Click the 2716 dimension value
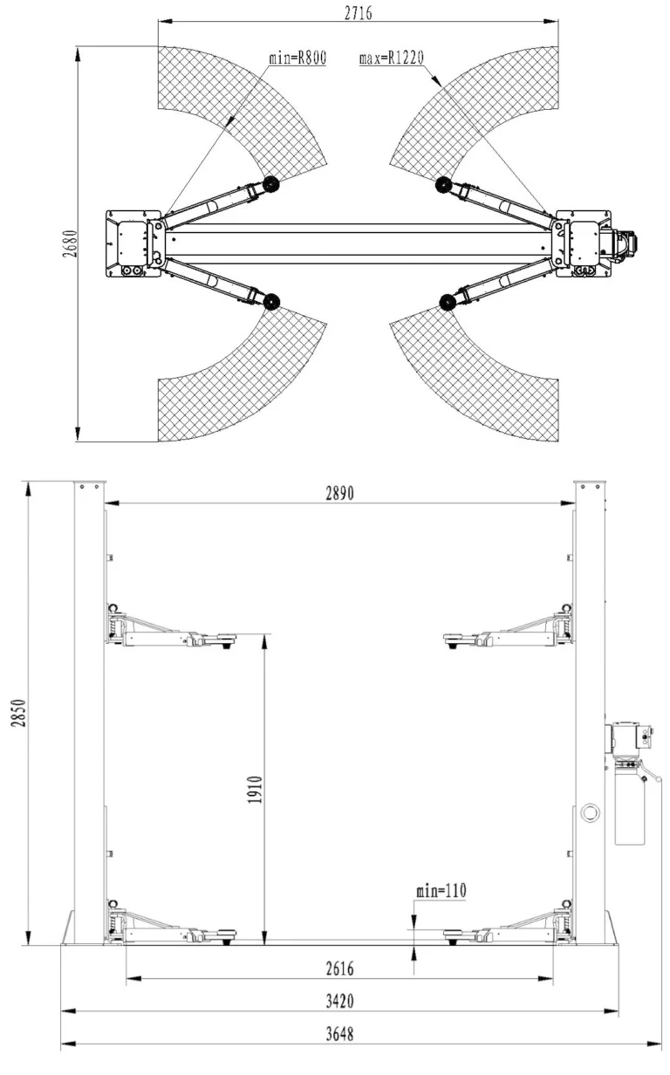pos(358,13)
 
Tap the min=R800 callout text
pos(297,58)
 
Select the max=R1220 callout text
pos(392,58)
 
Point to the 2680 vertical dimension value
pos(70,243)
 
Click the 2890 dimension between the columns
pos(340,493)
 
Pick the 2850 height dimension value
pos(18,713)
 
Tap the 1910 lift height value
pos(255,790)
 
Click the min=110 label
pos(441,891)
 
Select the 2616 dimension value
pos(340,969)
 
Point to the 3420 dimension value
pos(340,1002)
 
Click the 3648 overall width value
pos(340,1034)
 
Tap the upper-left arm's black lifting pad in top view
pos(271,183)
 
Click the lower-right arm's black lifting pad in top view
pos(448,302)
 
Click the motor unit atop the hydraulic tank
pos(630,736)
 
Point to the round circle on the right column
pos(590,812)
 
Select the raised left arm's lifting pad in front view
pos(221,637)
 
